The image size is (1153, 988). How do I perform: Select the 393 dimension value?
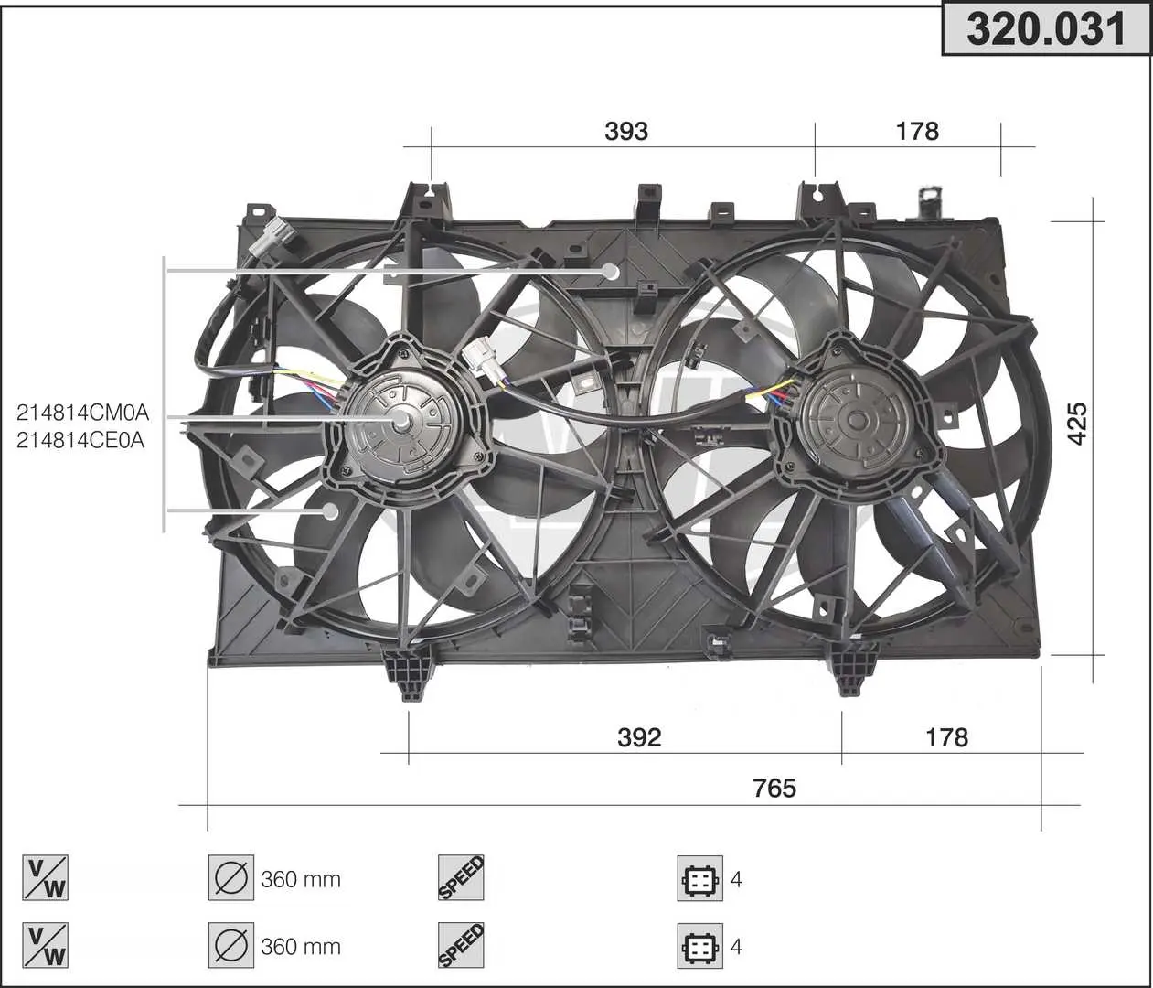pyautogui.click(x=625, y=132)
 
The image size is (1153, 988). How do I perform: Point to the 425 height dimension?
pyautogui.click(x=1077, y=424)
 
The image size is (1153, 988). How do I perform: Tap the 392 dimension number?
pyautogui.click(x=639, y=738)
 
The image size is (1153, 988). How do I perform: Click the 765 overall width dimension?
pyautogui.click(x=774, y=789)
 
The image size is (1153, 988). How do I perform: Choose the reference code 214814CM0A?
pyautogui.click(x=82, y=413)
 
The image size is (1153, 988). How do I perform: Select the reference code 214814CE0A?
pyautogui.click(x=80, y=440)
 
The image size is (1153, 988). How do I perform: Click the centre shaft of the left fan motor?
pyautogui.click(x=400, y=423)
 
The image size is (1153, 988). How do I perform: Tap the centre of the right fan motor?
pyautogui.click(x=856, y=419)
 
